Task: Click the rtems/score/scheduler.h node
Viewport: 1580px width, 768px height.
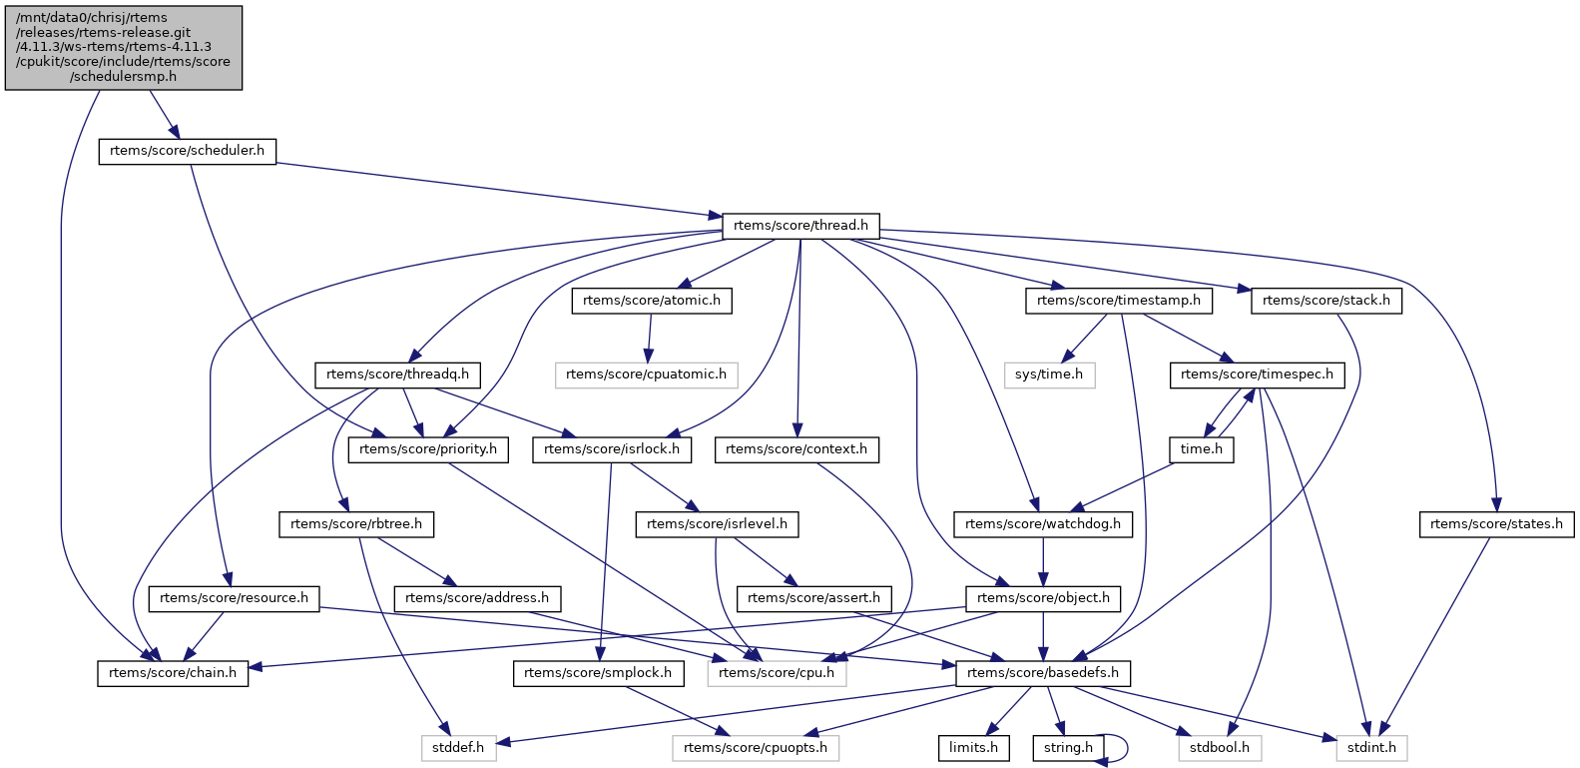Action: coord(187,151)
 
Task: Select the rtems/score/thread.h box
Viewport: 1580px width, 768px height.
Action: coord(800,226)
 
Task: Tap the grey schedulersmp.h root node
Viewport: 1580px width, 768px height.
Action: coord(124,47)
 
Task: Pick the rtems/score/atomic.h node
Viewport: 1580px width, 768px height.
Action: coord(651,301)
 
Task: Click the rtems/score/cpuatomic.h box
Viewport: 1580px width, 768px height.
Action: coord(646,375)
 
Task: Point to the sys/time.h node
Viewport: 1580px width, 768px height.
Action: coord(1049,375)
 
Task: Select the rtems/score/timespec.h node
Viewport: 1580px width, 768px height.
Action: coord(1257,375)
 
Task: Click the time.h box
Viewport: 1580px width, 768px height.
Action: coord(1201,449)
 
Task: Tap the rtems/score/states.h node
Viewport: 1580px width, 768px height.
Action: coord(1496,523)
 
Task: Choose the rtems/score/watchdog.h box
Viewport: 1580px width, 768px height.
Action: coord(1043,523)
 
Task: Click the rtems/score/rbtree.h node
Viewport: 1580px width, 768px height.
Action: coord(356,523)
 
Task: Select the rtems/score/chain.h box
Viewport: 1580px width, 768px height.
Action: coord(174,673)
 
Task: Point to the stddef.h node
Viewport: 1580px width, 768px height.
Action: coord(458,747)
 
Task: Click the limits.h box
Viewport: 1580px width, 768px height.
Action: coord(973,747)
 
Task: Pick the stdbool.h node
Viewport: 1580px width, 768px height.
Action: coord(1220,747)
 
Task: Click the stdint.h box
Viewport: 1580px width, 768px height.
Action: coord(1371,747)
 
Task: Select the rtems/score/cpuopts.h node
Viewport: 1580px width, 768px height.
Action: coord(756,747)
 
